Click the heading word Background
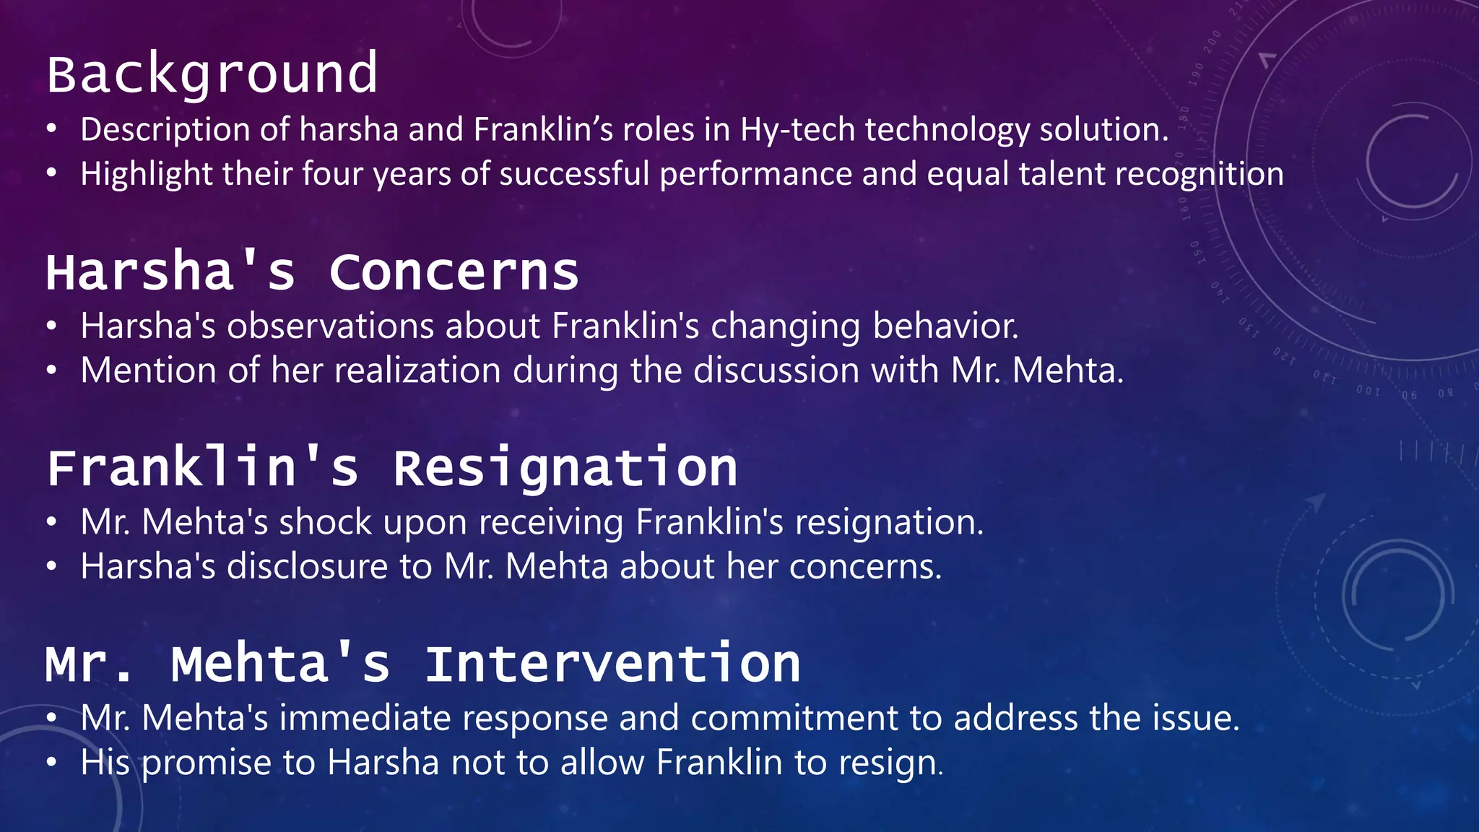pyautogui.click(x=212, y=74)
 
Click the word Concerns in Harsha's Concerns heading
pyautogui.click(x=454, y=272)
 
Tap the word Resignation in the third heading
pyautogui.click(x=565, y=468)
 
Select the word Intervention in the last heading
pyautogui.click(x=612, y=664)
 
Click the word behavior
pyautogui.click(x=945, y=326)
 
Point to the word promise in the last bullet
pyautogui.click(x=207, y=763)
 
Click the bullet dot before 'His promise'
pyautogui.click(x=51, y=763)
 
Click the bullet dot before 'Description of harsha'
pyautogui.click(x=51, y=130)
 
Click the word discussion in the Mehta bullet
pyautogui.click(x=776, y=370)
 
